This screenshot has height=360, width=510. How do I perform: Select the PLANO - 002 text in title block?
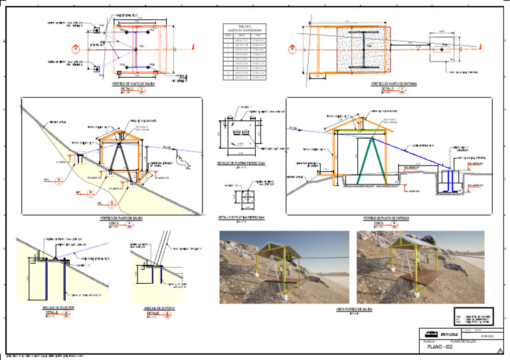point(440,347)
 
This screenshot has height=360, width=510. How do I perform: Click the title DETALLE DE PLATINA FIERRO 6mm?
point(242,217)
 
